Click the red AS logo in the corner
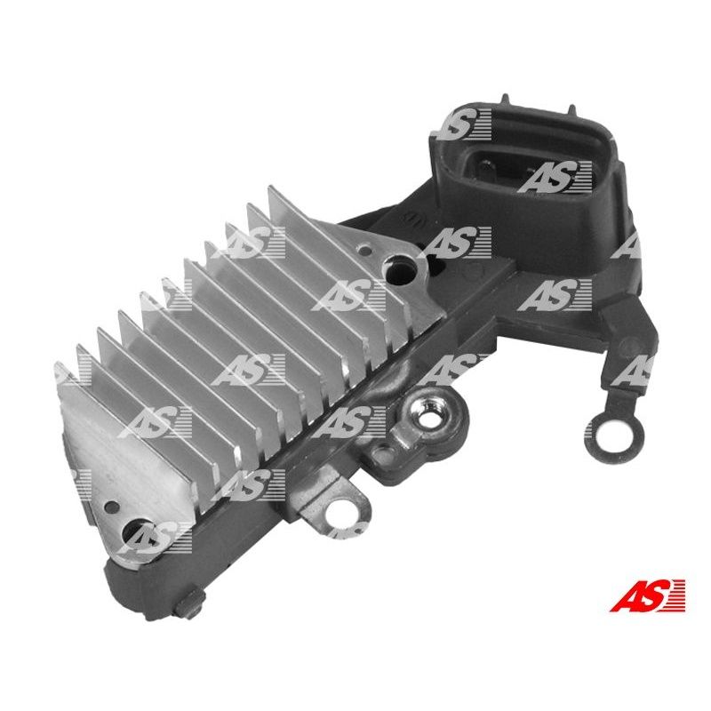click(x=647, y=595)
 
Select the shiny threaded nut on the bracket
click(x=426, y=416)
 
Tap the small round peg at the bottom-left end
click(x=190, y=604)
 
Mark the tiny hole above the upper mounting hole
click(x=363, y=249)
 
